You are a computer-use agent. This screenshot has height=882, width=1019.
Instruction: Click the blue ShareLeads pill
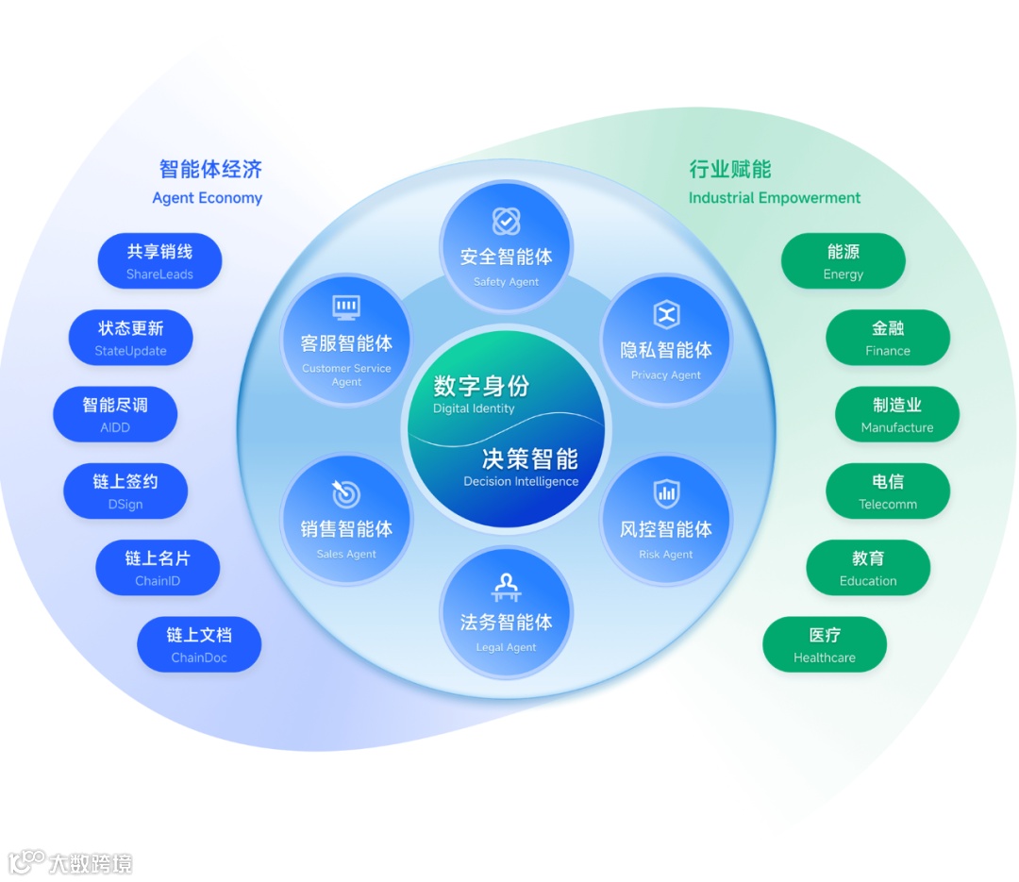coord(159,261)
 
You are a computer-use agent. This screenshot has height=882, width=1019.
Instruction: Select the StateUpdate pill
coord(130,338)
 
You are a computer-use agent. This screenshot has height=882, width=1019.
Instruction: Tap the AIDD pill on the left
coord(115,414)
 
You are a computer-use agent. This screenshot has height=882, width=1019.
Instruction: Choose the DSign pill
coord(125,491)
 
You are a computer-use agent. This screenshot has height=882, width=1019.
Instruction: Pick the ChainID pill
coord(158,568)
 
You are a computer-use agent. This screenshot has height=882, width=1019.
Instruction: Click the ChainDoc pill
coord(199,645)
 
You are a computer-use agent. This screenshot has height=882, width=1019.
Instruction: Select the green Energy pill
coord(843,261)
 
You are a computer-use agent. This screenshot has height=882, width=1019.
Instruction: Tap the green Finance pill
coord(888,338)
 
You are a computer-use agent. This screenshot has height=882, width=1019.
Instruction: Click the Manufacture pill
coord(897,414)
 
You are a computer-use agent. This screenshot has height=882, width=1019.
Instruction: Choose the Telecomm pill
coord(888,491)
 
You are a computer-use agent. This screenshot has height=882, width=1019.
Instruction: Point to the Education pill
coord(868,568)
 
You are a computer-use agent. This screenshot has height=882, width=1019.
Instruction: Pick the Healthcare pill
coord(825,645)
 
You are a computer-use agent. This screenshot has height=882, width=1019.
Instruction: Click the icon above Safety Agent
coord(507,222)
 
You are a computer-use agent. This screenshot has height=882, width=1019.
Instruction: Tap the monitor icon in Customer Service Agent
coord(346,308)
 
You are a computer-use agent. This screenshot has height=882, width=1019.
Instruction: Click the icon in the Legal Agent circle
coord(507,587)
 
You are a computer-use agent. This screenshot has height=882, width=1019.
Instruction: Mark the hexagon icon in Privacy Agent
coord(667,314)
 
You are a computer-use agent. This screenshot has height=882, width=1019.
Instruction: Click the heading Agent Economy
coord(208,198)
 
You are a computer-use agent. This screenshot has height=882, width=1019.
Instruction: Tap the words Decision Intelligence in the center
coord(521,481)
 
